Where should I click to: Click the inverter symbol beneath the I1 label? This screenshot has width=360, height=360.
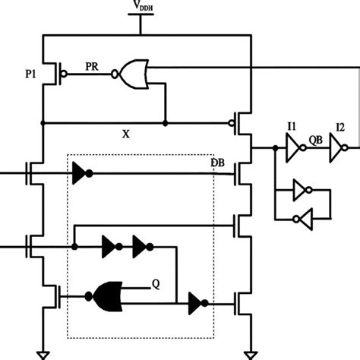point(292,149)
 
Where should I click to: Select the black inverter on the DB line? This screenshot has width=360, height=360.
point(80,172)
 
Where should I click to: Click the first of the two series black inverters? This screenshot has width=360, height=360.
point(112,246)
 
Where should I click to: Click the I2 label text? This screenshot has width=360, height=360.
point(341,128)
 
